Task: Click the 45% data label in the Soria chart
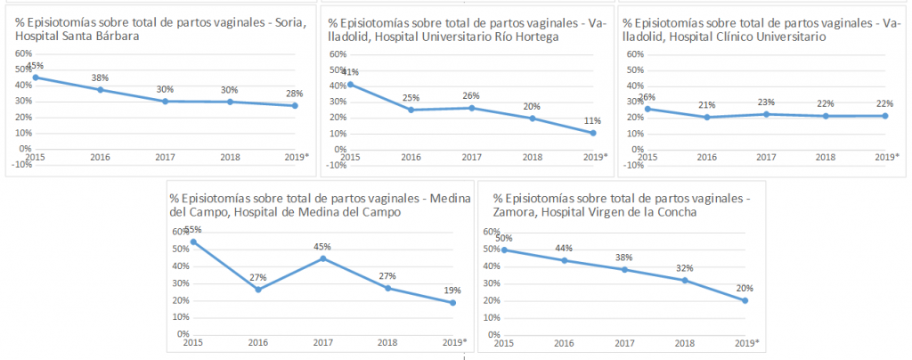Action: click(x=36, y=66)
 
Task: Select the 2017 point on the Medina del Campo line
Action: click(x=322, y=258)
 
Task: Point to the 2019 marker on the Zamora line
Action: click(x=744, y=300)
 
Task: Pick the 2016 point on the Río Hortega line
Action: click(x=411, y=110)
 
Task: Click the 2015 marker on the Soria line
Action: click(x=36, y=78)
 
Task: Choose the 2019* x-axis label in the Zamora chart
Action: click(x=745, y=343)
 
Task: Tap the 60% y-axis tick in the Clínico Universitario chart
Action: click(x=635, y=54)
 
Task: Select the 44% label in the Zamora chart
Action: click(x=563, y=249)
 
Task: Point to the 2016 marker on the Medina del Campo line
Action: click(x=258, y=289)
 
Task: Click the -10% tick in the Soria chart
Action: click(x=20, y=164)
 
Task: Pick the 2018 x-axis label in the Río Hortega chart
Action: click(x=532, y=157)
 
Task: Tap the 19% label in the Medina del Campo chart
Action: click(x=452, y=290)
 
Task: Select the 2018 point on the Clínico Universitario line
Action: click(x=825, y=116)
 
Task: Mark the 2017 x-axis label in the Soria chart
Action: click(x=164, y=157)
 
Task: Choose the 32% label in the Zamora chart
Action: click(x=684, y=267)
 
